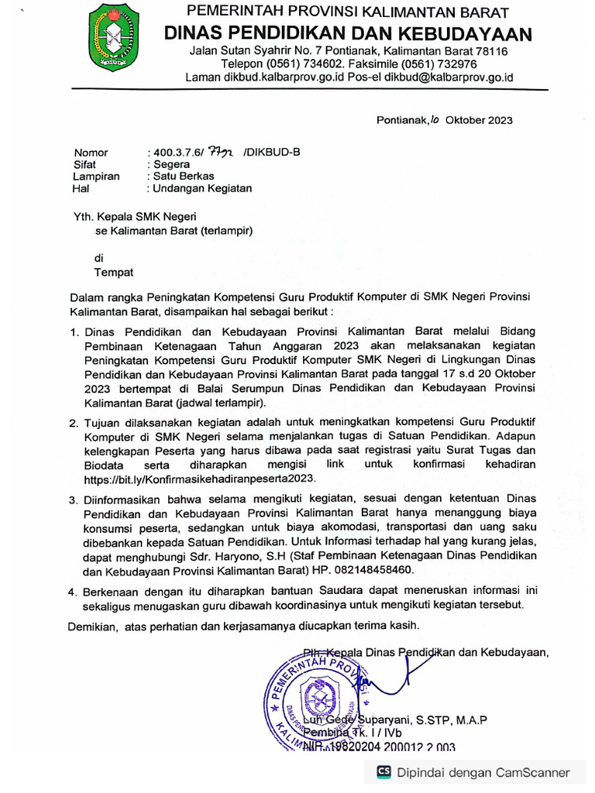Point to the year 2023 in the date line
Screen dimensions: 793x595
pyautogui.click(x=497, y=120)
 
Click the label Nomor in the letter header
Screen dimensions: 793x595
pyautogui.click(x=91, y=153)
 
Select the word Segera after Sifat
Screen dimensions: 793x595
pyautogui.click(x=174, y=164)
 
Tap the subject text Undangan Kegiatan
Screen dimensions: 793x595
pyautogui.click(x=201, y=187)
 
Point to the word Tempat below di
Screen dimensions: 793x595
pyautogui.click(x=113, y=272)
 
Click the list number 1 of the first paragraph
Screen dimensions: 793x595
pyautogui.click(x=74, y=332)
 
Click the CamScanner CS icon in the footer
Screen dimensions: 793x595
pyautogui.click(x=383, y=772)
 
